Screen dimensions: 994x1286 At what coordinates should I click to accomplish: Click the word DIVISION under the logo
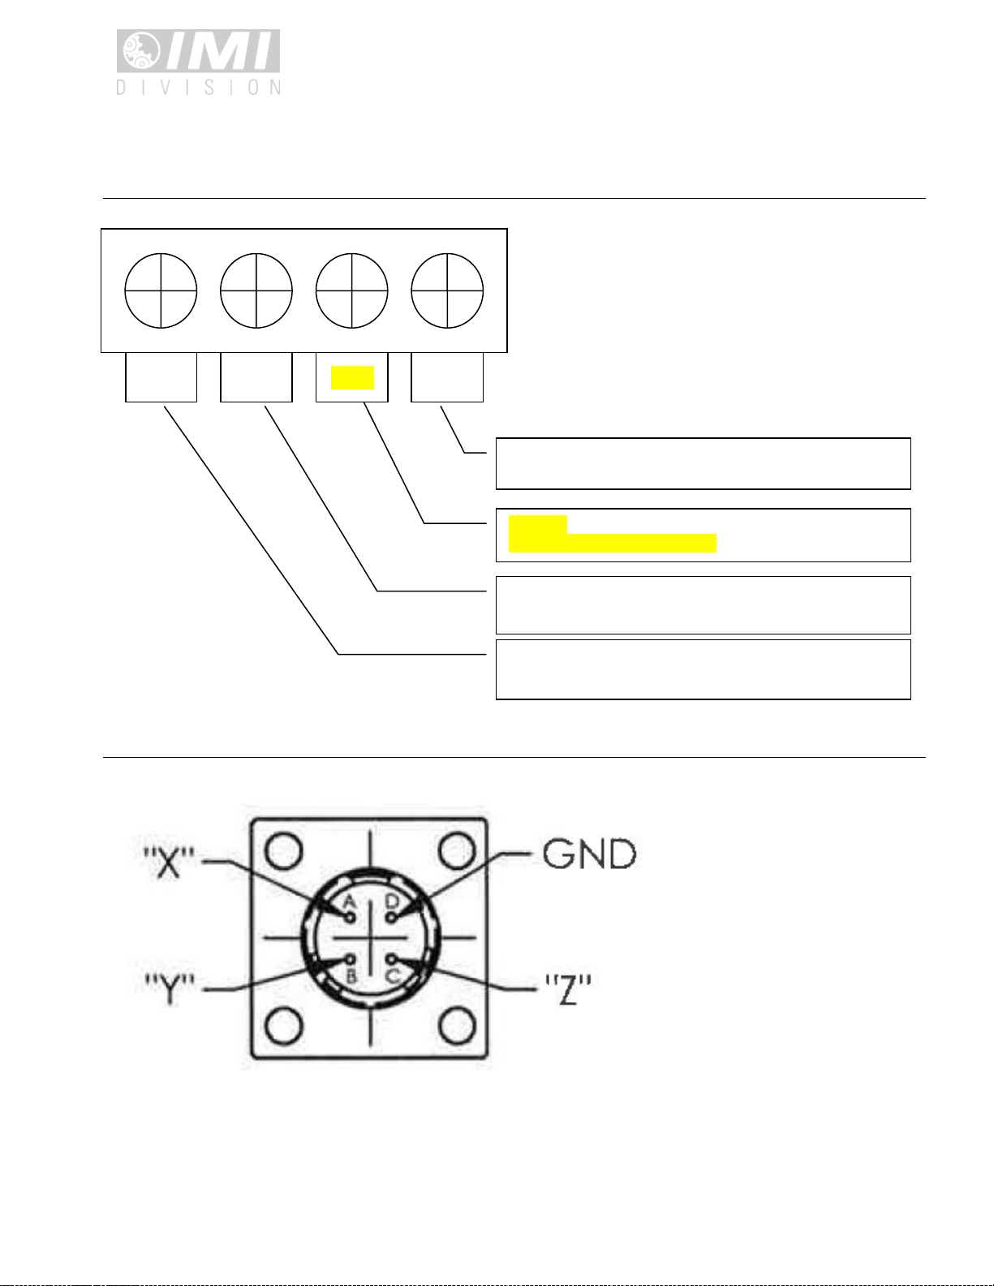(x=199, y=87)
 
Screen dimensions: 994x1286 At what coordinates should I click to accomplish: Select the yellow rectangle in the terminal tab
(x=352, y=377)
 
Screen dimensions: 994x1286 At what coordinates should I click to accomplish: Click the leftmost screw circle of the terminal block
(x=161, y=291)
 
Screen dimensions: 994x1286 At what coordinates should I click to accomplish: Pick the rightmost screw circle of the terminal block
(x=447, y=291)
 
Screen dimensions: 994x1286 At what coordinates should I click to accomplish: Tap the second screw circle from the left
(x=256, y=291)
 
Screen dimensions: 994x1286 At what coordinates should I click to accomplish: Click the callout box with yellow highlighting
(x=703, y=535)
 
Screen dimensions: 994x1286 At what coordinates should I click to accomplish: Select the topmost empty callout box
(x=703, y=463)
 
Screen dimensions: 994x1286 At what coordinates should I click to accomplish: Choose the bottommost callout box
(x=703, y=669)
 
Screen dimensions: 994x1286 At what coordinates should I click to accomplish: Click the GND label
(x=589, y=854)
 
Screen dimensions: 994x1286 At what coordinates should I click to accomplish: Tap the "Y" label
(x=169, y=989)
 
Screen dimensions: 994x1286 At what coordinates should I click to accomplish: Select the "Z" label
(x=567, y=989)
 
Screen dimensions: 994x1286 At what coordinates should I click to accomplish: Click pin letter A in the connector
(x=350, y=902)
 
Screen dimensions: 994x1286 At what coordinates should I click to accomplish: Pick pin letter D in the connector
(x=392, y=901)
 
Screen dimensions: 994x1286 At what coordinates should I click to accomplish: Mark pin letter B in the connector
(x=351, y=975)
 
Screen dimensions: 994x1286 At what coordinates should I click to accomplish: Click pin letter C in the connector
(x=393, y=975)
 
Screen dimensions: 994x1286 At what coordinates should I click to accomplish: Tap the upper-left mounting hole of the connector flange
(x=283, y=851)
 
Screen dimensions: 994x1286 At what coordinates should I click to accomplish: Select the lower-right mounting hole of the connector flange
(x=456, y=1026)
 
